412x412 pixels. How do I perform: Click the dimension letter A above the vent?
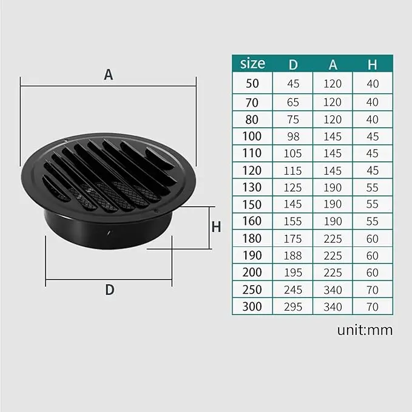(109, 75)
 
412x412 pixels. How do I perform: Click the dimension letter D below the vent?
(110, 289)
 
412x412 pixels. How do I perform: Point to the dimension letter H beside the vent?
(216, 227)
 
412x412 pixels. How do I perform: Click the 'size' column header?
(252, 63)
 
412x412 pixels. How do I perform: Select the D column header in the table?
(292, 64)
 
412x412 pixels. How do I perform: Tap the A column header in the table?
(333, 64)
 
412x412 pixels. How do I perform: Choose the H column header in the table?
(373, 64)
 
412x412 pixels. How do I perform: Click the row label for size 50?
(252, 84)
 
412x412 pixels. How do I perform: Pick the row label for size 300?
(252, 306)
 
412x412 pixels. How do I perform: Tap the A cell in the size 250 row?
(333, 289)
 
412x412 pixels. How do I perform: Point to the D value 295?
(292, 306)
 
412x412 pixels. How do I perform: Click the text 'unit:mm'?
(365, 331)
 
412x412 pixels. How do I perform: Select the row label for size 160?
(252, 221)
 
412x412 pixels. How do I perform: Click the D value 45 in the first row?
(292, 84)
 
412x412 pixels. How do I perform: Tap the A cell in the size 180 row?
(333, 238)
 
